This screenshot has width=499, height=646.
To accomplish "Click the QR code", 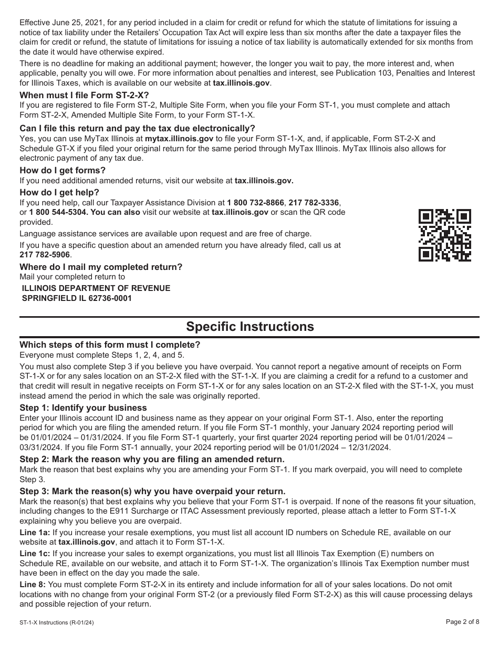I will point(444,235).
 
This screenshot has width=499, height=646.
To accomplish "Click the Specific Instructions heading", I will point(250,327).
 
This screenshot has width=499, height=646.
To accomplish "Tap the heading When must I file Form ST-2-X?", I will point(84,95).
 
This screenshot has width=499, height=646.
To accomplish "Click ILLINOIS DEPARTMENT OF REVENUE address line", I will point(96,288).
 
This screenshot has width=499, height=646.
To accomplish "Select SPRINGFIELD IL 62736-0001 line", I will point(77,298).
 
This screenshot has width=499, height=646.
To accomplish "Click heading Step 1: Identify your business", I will point(83,408).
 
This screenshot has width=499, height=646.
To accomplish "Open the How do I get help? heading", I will point(59,192).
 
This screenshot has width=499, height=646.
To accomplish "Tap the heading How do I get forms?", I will point(63,170).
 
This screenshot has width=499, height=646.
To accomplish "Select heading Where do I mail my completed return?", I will point(101,267).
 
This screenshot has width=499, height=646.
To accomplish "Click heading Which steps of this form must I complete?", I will point(110,345).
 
